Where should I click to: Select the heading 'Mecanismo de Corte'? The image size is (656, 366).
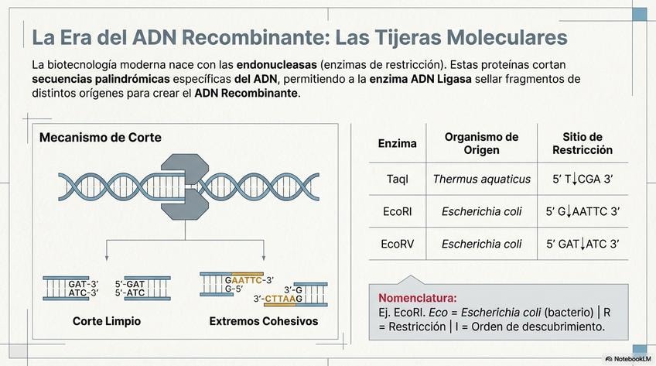[100, 138]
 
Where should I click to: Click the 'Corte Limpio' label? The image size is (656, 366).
[107, 320]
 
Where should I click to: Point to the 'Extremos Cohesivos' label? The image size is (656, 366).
[263, 320]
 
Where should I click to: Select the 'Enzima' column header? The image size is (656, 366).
[397, 143]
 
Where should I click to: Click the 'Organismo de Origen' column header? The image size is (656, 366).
[481, 143]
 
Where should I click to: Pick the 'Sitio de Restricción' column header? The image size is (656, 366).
[583, 143]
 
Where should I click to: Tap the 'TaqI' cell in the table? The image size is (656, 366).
[397, 179]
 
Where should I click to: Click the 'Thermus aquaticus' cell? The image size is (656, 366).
[481, 179]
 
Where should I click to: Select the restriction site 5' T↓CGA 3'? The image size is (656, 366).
[583, 179]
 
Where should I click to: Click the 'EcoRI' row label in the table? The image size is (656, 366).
[397, 211]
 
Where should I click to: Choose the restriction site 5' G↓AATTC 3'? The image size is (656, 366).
[583, 211]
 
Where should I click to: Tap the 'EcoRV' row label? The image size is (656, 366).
[397, 244]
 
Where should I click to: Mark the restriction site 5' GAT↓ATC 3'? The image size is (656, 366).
[583, 244]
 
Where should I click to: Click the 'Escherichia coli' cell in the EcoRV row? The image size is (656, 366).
[481, 244]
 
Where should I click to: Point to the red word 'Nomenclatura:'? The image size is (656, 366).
[417, 297]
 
